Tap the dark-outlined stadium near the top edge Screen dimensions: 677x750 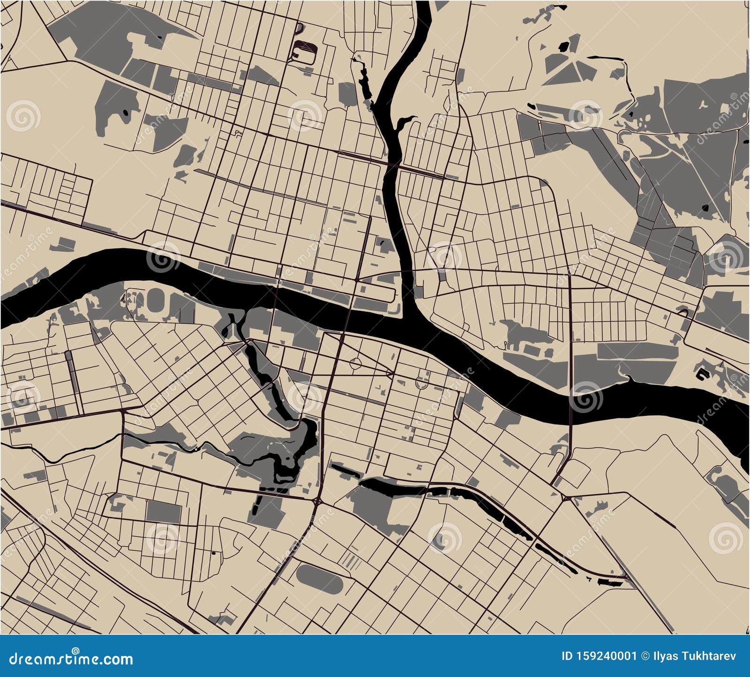[x=304, y=52]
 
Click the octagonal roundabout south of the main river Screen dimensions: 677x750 [x=355, y=363]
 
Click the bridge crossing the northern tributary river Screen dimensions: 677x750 [x=392, y=165]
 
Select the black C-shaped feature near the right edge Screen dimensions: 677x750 [x=702, y=374]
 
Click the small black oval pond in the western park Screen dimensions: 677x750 [x=126, y=113]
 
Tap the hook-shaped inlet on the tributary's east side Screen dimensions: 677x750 [x=402, y=123]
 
